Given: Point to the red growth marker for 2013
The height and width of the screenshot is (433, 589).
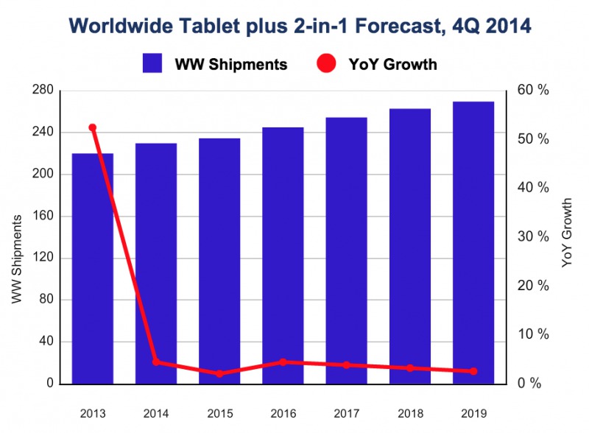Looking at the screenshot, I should (x=92, y=128).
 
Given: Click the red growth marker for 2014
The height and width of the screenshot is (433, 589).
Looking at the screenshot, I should (x=155, y=362).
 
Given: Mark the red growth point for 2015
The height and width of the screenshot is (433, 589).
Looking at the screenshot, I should (x=219, y=373).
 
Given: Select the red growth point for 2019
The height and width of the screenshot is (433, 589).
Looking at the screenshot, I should (x=473, y=371).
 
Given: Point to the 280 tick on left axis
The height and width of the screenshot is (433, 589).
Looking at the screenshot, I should (x=45, y=91).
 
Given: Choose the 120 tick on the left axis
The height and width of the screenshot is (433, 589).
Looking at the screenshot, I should (x=45, y=258).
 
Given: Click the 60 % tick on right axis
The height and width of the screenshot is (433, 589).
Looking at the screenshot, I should (x=534, y=91).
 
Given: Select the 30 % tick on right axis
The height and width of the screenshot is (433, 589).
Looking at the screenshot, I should (x=534, y=237).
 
